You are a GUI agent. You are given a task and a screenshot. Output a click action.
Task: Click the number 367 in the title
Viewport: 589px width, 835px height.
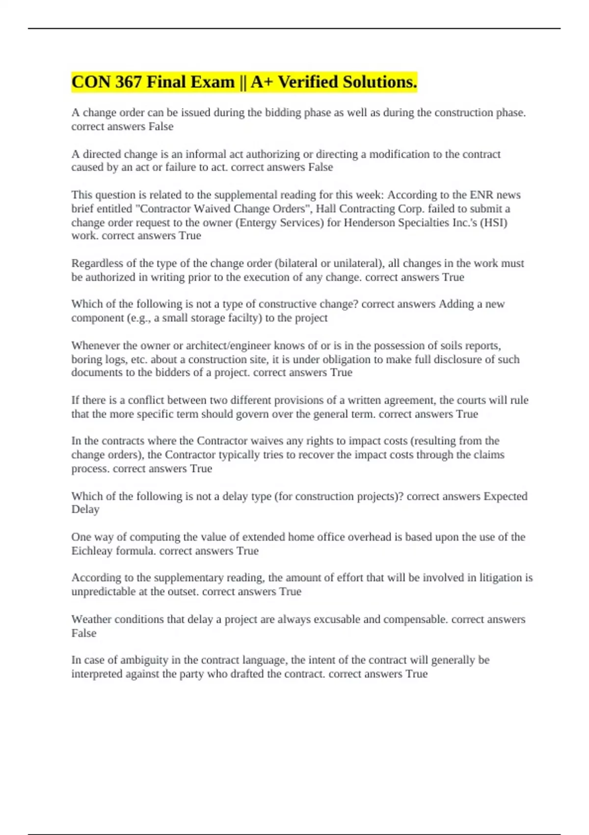(129, 82)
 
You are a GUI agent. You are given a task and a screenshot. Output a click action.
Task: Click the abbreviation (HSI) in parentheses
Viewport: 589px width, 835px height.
(494, 223)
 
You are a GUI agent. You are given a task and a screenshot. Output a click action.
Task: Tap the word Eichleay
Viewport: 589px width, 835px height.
(92, 551)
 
